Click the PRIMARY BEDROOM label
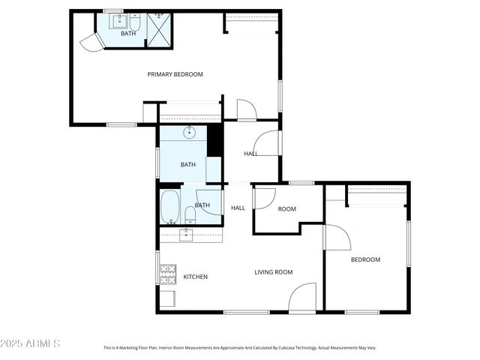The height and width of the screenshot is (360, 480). [175, 74]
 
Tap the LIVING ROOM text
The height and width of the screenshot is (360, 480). [273, 272]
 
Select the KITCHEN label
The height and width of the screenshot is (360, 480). [195, 277]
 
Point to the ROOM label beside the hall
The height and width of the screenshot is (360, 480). [286, 209]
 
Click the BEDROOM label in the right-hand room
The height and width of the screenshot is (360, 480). [365, 259]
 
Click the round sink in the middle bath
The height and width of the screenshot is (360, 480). [190, 133]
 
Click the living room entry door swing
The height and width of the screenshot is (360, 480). [303, 298]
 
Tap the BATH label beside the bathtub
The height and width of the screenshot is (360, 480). [202, 205]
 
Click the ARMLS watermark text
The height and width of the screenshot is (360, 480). [31, 343]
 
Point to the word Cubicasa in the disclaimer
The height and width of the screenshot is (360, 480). [280, 348]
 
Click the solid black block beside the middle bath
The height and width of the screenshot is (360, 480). [214, 140]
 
